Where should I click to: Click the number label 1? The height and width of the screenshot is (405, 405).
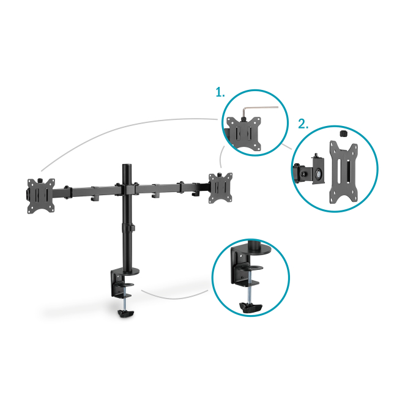220,92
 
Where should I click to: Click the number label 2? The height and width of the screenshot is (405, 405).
303,124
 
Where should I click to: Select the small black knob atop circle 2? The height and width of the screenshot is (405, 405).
343,134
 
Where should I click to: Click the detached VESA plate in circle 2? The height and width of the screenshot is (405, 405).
343,172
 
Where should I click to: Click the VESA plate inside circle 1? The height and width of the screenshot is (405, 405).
244,133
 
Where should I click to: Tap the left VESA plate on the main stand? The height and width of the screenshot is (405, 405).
41,196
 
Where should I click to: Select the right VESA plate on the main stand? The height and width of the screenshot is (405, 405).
221,187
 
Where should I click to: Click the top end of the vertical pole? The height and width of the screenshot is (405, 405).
127,165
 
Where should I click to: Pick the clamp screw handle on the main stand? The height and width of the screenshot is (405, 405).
126,313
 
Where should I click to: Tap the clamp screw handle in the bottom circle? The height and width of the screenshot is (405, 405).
251,307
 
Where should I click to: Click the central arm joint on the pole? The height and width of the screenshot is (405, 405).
127,189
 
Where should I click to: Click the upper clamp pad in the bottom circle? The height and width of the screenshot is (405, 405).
250,267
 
